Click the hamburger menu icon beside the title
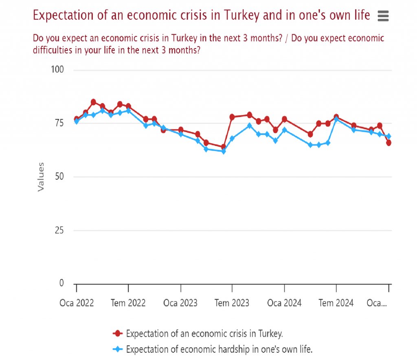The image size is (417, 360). [383, 16]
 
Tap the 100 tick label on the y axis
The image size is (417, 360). [57, 70]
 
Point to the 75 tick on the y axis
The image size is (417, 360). [59, 123]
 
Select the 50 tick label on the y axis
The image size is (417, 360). [59, 177]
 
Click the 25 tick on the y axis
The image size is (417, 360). [59, 230]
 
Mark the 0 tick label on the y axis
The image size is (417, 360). [62, 283]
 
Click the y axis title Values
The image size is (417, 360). [41, 177]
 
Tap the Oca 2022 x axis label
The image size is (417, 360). [77, 303]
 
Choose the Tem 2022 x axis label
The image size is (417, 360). [128, 303]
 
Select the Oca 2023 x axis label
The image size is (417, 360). [180, 303]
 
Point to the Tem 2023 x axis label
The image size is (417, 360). [232, 303]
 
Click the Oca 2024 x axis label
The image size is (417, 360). [284, 303]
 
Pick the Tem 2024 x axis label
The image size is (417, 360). [336, 303]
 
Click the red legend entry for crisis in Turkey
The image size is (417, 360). [204, 333]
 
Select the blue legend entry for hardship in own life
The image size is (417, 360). [219, 349]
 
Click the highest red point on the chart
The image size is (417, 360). [93, 102]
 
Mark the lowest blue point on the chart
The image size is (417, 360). [223, 151]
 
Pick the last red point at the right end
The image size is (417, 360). [388, 143]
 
